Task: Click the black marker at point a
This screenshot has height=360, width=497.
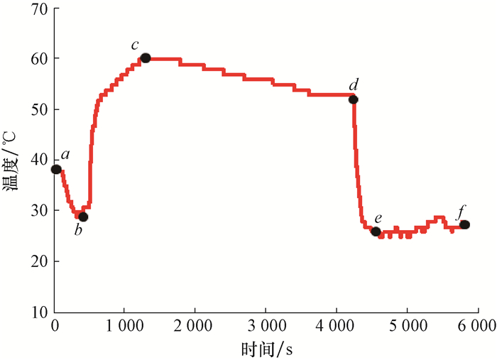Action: click(56, 169)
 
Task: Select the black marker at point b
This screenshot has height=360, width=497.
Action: click(83, 217)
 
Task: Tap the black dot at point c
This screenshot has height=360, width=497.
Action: click(146, 58)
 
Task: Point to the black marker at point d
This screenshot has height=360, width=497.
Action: click(354, 99)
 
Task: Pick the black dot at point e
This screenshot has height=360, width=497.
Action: click(376, 231)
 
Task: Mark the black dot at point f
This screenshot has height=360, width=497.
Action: click(464, 224)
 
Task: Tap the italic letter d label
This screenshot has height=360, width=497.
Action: click(353, 87)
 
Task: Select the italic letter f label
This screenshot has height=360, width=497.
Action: click(462, 212)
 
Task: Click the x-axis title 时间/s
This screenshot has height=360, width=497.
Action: click(266, 348)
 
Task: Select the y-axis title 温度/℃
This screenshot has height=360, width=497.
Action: click(12, 170)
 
